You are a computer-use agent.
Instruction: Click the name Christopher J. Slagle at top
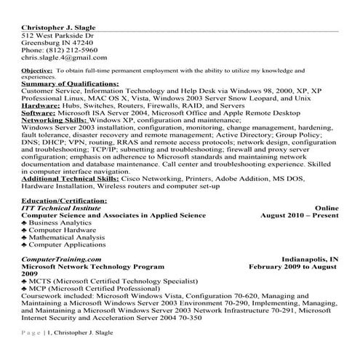pos(58,27)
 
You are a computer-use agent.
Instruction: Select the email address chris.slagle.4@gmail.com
pos(64,57)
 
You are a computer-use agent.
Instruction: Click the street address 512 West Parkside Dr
pos(57,35)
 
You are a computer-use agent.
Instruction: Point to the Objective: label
pos(36,70)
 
